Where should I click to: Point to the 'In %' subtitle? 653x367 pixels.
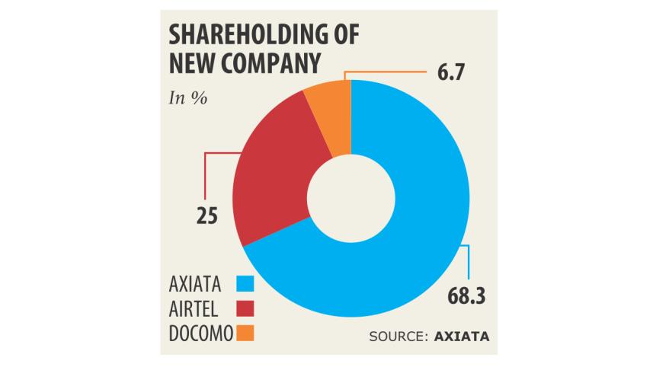(x=187, y=99)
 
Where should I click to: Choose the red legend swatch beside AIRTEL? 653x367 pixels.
(x=245, y=309)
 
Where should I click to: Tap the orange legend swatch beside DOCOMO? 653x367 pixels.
(x=245, y=333)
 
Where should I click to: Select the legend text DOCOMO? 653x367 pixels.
(x=200, y=333)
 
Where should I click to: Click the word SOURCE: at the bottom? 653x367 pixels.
(x=396, y=337)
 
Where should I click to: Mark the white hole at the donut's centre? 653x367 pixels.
(x=351, y=202)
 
